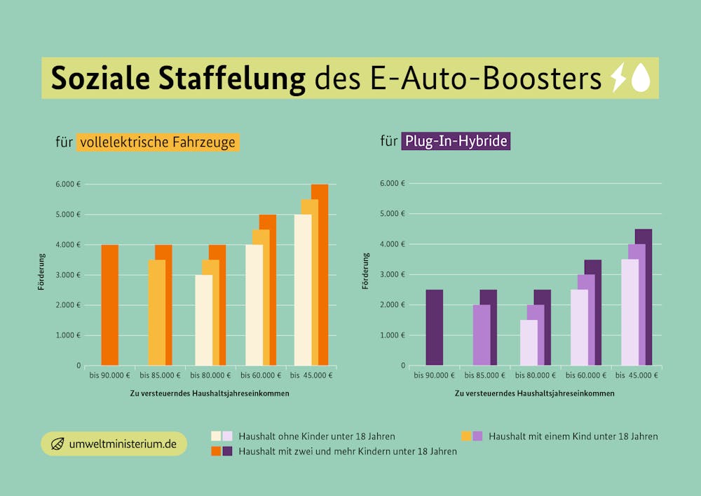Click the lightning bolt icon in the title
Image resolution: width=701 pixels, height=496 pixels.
[618, 78]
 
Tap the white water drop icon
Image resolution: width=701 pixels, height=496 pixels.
[641, 78]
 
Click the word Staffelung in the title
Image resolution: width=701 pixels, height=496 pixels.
[231, 79]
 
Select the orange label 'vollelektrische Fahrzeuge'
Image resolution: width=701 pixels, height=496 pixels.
[158, 142]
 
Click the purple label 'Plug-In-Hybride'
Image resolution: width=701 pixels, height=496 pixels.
[456, 142]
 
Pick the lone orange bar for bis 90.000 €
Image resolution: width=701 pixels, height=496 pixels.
[109, 305]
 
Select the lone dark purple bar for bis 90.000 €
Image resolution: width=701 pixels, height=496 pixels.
[434, 328]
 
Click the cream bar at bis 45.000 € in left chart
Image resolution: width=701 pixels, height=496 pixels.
[302, 290]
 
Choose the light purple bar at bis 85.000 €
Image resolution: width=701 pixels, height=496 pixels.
[481, 335]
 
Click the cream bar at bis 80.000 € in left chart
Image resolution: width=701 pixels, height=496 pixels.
[203, 320]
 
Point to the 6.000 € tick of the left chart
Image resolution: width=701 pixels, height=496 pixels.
[68, 185]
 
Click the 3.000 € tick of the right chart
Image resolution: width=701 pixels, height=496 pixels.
[393, 274]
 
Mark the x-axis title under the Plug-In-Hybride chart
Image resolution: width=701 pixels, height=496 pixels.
[534, 394]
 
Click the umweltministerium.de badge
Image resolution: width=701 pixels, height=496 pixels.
[114, 444]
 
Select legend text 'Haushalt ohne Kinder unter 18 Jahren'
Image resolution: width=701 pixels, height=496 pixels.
[316, 436]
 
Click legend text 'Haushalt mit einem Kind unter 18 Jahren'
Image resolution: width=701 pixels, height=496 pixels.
[573, 436]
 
